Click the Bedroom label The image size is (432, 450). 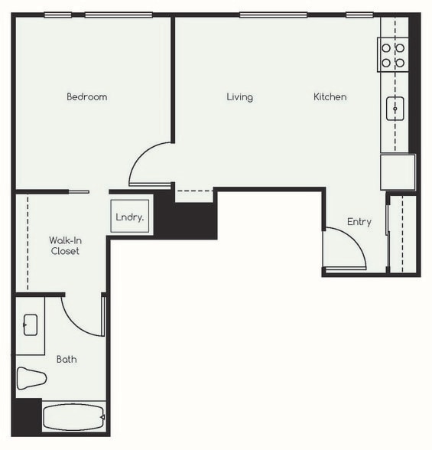(x=86, y=97)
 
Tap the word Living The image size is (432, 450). (x=239, y=97)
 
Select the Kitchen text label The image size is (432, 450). (x=330, y=97)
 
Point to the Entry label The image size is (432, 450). (x=359, y=222)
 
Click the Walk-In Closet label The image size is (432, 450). (x=65, y=245)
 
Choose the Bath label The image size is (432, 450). (x=67, y=359)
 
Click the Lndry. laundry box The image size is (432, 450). (x=130, y=217)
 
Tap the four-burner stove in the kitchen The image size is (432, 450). (x=393, y=54)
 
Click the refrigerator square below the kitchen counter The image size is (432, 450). (x=398, y=171)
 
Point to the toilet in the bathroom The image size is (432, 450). (x=31, y=378)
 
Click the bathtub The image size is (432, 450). (x=73, y=418)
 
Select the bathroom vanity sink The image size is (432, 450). (x=31, y=324)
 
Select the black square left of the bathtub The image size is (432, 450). (x=26, y=417)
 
